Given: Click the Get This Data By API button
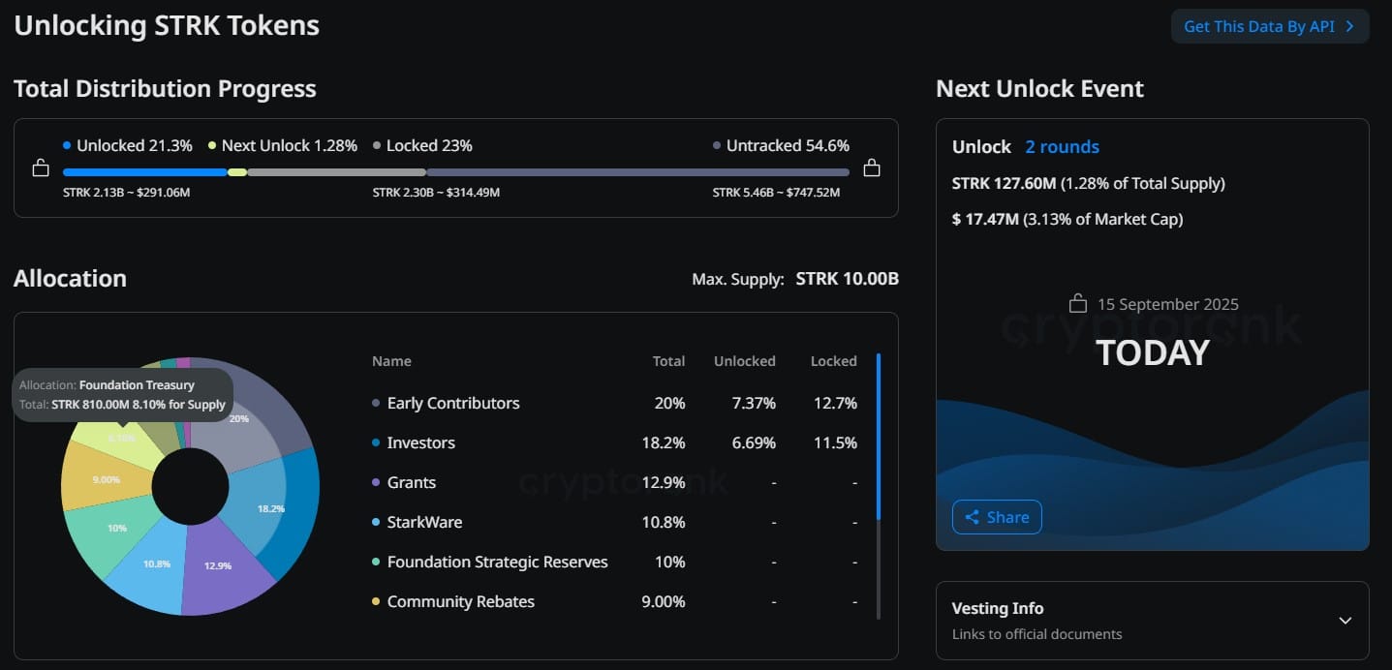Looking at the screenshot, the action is point(1270,26).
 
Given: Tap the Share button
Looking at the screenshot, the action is point(997,517).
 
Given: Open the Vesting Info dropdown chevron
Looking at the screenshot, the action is point(1346,621).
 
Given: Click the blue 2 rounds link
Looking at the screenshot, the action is point(1062,146).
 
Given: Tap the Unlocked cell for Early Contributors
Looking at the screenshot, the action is point(754,403).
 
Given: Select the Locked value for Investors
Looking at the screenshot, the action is point(835,442).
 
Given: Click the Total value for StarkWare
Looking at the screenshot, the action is point(663,522).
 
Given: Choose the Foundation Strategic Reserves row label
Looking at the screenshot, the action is point(497,562).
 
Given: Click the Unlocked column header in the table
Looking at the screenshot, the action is point(745,361).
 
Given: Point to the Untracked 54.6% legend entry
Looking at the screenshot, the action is point(781,145).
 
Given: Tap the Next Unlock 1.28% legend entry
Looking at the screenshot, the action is point(283,145).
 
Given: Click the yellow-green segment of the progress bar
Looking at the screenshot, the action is point(237,172).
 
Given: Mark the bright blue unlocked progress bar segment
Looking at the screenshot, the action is point(145,172).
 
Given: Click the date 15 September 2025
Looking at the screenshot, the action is point(1167,304).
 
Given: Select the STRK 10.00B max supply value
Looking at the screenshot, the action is point(847,279).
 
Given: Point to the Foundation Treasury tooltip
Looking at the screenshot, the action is point(122,395).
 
